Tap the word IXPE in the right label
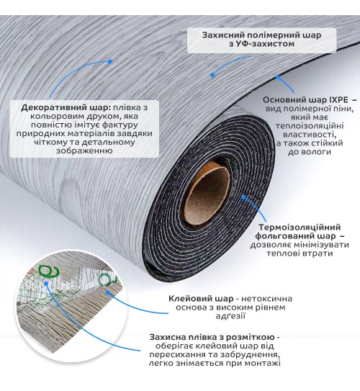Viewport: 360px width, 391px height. [337, 100]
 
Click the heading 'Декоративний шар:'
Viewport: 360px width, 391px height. [66, 108]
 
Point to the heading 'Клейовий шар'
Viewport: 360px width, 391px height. [201, 299]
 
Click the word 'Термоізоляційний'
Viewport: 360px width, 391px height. [300, 228]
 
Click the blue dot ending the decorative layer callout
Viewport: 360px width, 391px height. [110, 61]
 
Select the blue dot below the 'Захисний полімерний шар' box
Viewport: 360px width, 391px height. [212, 75]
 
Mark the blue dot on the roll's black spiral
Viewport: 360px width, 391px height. [243, 197]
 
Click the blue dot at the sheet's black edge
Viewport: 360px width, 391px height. [277, 77]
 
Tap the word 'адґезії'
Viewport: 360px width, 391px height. [230, 316]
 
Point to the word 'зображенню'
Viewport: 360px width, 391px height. [84, 151]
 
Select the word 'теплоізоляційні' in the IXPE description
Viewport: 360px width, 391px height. [310, 126]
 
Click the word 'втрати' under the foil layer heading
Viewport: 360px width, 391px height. [318, 253]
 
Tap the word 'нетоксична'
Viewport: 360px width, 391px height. [266, 299]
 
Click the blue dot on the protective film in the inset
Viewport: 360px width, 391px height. [46, 284]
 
